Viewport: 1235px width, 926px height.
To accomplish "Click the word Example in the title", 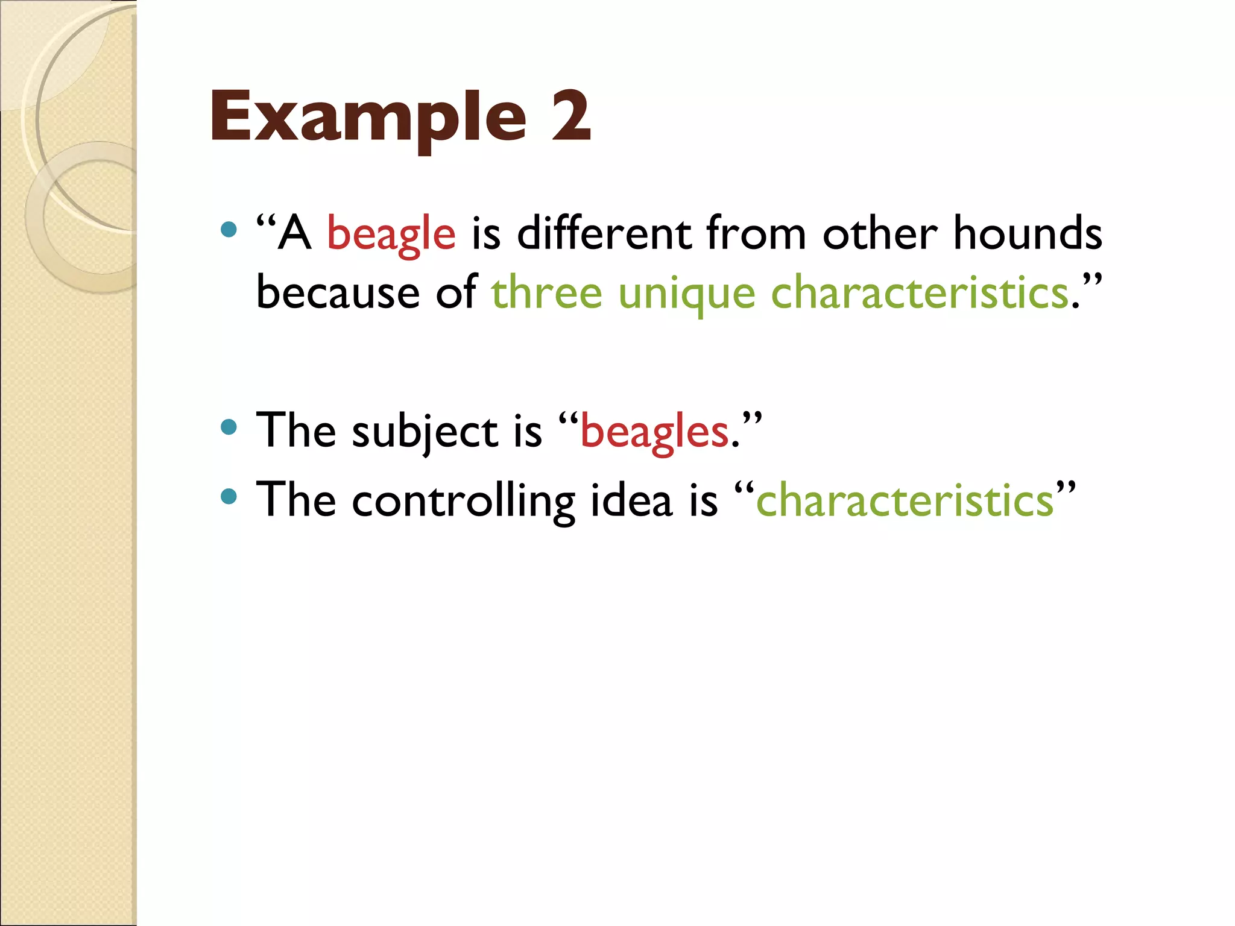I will (368, 118).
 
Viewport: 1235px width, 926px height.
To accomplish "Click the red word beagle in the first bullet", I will (391, 234).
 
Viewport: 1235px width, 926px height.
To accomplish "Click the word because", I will (338, 292).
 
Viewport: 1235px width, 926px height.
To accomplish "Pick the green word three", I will (546, 292).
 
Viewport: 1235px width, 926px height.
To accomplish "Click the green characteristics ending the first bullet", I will (920, 292).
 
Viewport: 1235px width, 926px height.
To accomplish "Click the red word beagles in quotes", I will (654, 432).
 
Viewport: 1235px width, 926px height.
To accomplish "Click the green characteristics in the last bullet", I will (905, 500).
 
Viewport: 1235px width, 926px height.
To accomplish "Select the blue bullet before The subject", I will (229, 427).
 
